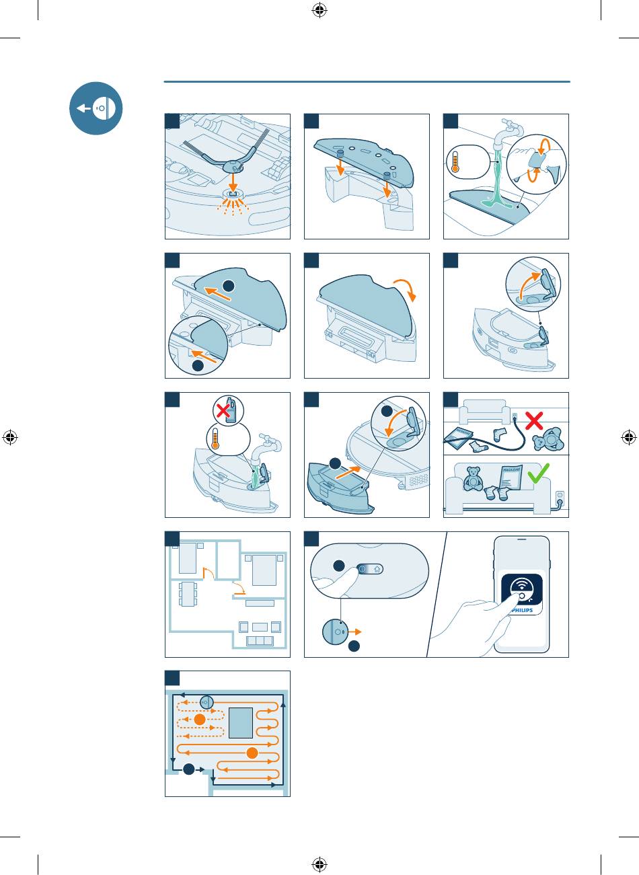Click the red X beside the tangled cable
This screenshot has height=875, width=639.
pos(533,422)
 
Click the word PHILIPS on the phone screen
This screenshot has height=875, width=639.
pos(522,611)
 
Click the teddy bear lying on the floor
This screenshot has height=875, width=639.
pos(549,439)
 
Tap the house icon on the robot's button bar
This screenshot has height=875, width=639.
pos(377,568)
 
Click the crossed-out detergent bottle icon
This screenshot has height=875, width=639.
pos(228,409)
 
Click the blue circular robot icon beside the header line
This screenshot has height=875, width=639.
pos(96,108)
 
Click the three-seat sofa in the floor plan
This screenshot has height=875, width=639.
pos(260,640)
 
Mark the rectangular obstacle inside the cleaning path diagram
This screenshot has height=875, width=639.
pos(240,722)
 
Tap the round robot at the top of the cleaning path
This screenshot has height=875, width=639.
pos(206,702)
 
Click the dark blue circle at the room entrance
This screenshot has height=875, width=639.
pos(189,768)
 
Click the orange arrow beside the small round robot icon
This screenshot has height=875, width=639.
pos(356,632)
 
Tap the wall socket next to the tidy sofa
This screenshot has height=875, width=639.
pos(558,497)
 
